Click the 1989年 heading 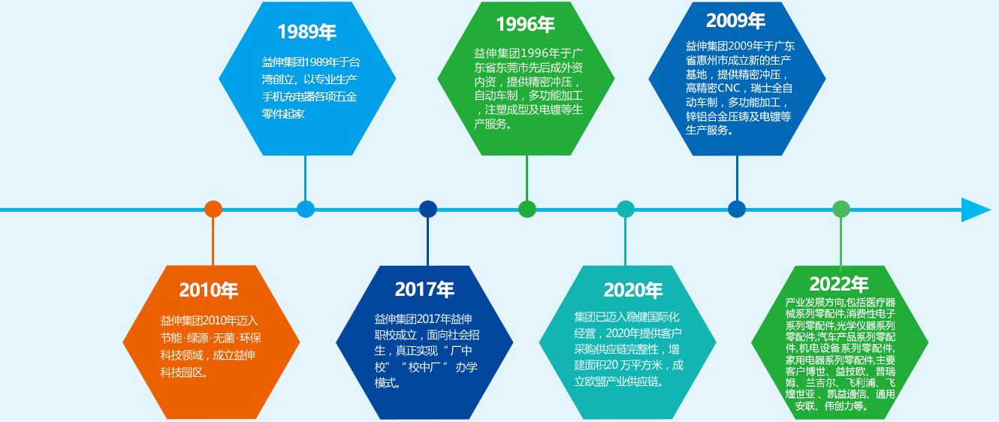point(306,32)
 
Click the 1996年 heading point(525,24)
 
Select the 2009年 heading point(735,20)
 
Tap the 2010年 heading point(208,290)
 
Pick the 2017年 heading point(424,289)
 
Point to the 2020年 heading point(633,290)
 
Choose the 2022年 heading point(839,284)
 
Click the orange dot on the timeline point(213,209)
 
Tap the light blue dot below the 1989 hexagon point(306,209)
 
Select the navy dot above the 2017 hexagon point(428,209)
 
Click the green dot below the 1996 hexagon point(527,209)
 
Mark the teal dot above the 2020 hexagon point(625,209)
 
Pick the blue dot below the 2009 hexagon point(737,209)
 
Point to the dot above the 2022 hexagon point(841,209)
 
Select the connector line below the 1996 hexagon point(527,178)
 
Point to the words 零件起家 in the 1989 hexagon point(282,113)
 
